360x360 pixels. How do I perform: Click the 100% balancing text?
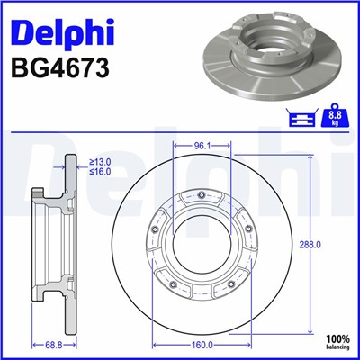338,340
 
